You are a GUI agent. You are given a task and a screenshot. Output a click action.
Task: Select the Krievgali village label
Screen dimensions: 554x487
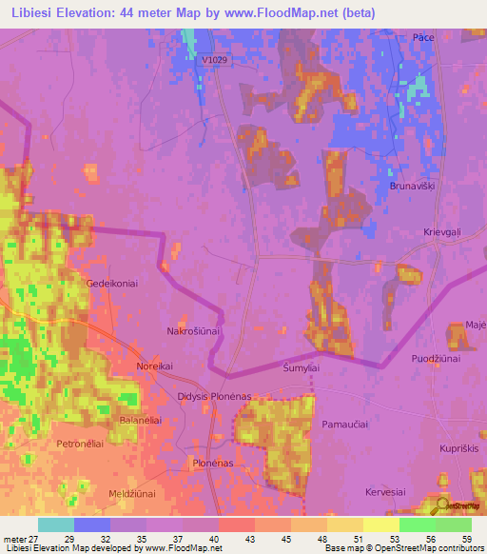(441, 232)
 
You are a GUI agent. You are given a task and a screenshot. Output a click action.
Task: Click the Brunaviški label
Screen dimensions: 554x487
(412, 187)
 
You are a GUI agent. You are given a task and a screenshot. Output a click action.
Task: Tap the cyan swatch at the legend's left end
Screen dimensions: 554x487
(55, 524)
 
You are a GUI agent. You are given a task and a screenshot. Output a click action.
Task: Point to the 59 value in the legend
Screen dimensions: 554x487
(466, 539)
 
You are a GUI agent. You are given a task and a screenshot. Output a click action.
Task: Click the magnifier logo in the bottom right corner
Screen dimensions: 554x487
(442, 505)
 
